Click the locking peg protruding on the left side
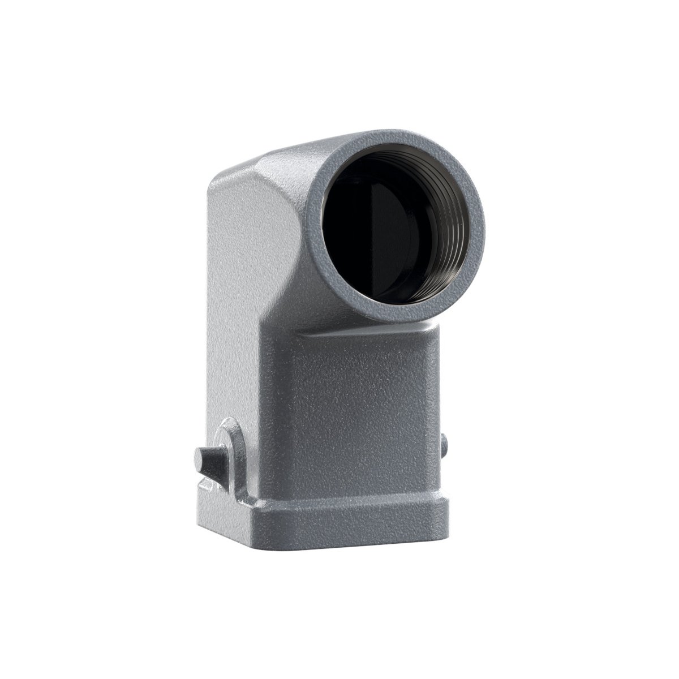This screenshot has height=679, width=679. [x=210, y=456]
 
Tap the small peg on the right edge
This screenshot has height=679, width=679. [x=445, y=441]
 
